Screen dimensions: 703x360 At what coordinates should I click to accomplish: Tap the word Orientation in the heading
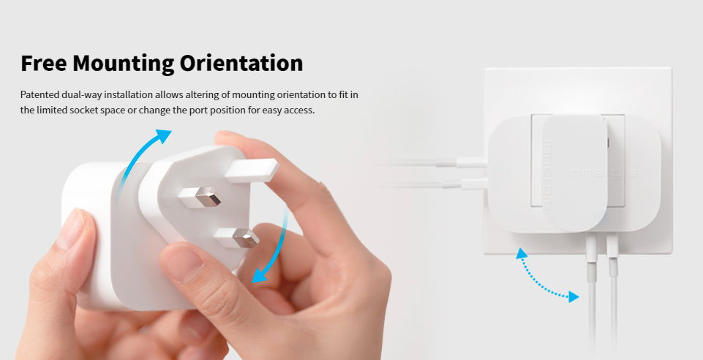[x=241, y=63]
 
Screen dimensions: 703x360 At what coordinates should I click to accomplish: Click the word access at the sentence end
[x=301, y=110]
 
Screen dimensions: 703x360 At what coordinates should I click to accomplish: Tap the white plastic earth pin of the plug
[x=252, y=170]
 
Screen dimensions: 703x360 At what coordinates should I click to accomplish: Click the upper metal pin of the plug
[x=200, y=197]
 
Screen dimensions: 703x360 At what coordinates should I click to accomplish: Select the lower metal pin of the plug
[x=237, y=238]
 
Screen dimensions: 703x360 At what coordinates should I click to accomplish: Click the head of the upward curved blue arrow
[x=163, y=136]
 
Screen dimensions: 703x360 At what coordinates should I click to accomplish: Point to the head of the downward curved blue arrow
[x=259, y=274]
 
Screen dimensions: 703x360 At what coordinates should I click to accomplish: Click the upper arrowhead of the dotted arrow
[x=521, y=254]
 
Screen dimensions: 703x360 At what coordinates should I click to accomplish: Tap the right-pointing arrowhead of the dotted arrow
[x=574, y=296]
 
